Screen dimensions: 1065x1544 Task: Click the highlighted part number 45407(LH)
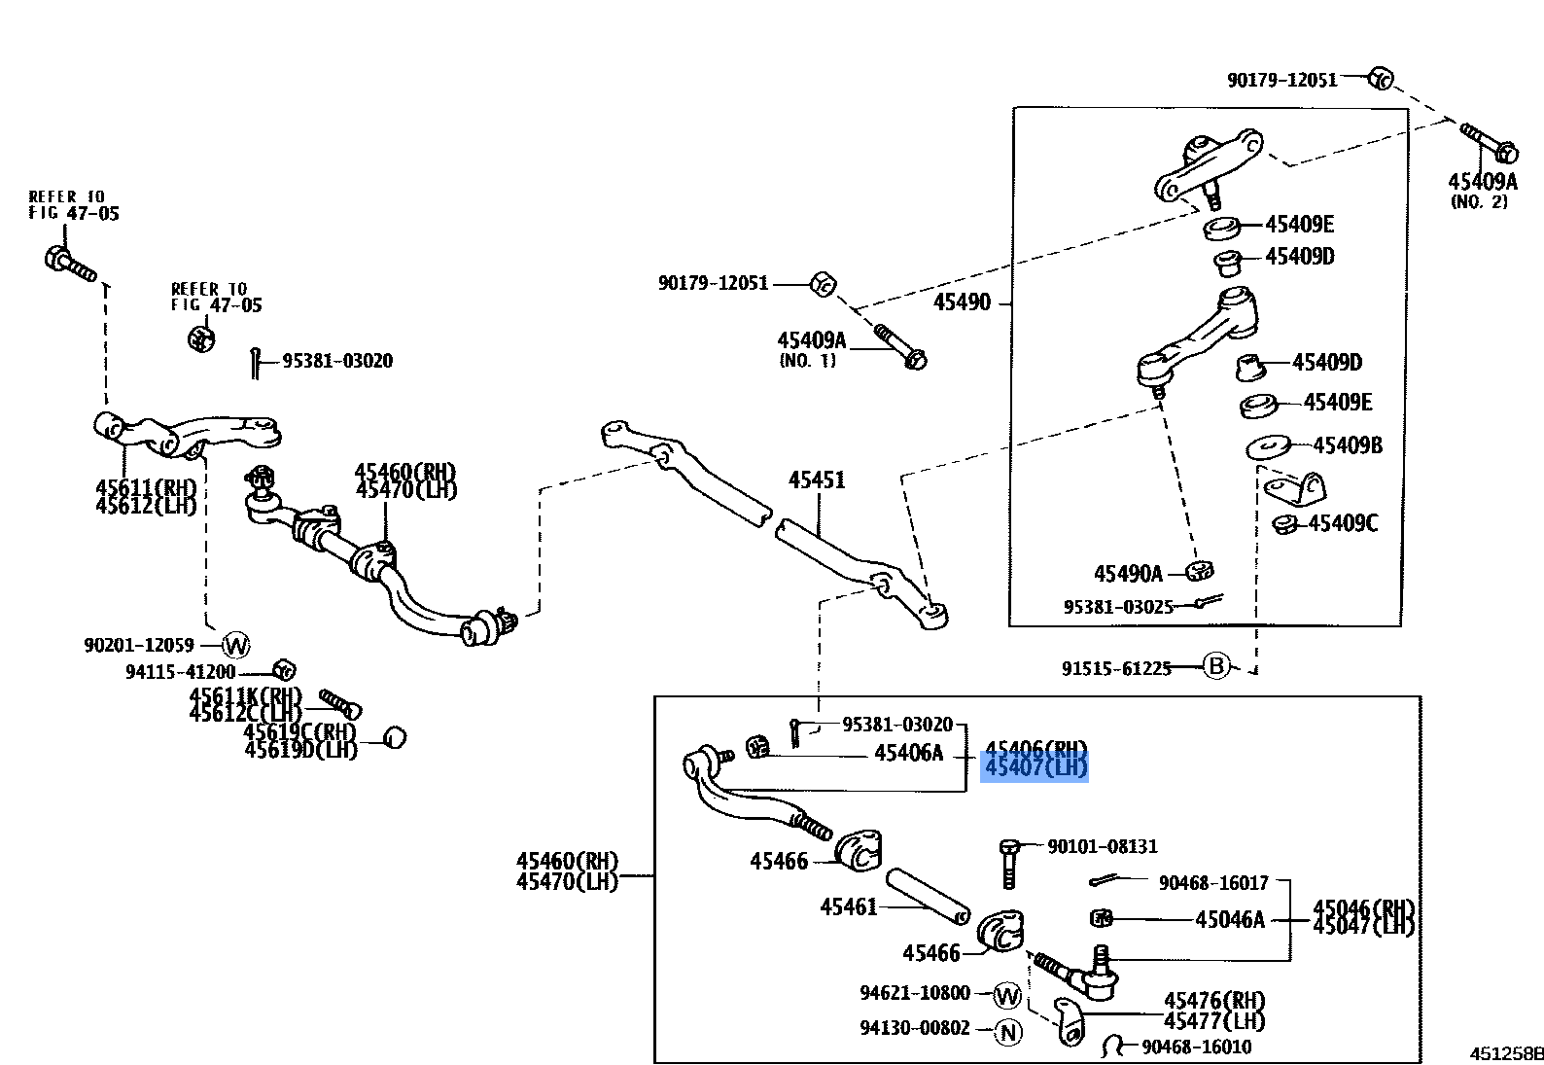point(1035,768)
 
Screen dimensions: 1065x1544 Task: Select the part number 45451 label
point(817,479)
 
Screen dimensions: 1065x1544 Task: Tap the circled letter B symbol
point(1216,666)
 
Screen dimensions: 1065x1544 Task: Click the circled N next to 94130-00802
point(1009,1032)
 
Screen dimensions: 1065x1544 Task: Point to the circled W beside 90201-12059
point(236,645)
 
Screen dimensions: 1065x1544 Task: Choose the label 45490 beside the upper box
point(962,302)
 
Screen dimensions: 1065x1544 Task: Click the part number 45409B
point(1348,445)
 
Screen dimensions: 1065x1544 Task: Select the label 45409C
point(1343,524)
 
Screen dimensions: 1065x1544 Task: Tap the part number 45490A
point(1128,574)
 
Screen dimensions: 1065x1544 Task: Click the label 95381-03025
point(1118,607)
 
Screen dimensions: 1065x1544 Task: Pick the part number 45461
point(848,907)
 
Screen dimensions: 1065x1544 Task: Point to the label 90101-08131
point(1103,846)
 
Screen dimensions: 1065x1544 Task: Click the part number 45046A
point(1230,920)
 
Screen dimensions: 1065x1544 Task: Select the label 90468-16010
point(1196,1047)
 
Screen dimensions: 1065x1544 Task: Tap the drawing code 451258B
point(1506,1053)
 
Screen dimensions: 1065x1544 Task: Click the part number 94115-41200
point(180,672)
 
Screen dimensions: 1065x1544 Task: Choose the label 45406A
point(908,753)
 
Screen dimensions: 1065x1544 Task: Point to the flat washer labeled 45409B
point(1269,447)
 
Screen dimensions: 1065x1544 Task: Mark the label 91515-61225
point(1116,668)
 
